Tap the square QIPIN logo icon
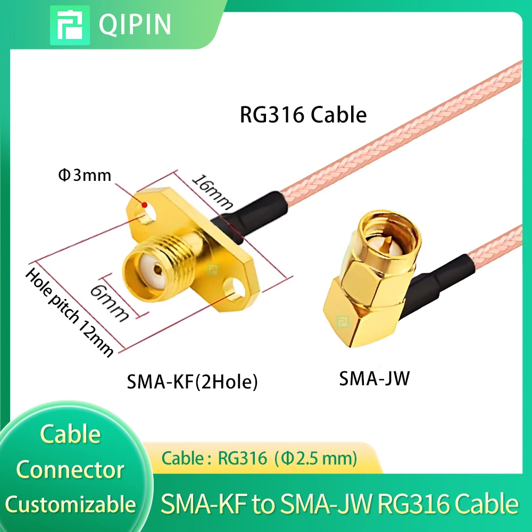coord(66,24)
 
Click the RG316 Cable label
coord(303,115)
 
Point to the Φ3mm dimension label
coord(85,174)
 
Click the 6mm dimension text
coord(110,303)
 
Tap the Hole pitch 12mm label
coord(70,311)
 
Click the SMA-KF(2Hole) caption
coord(192,381)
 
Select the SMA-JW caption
coord(376,379)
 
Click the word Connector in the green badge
coord(70,470)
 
